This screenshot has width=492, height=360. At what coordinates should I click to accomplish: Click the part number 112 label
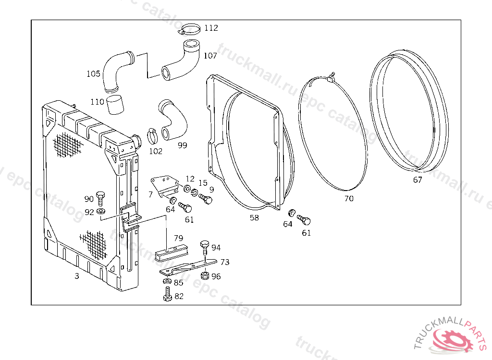[210, 28]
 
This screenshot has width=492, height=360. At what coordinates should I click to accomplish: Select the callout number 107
[210, 56]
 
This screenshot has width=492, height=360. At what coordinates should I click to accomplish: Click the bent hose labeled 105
[115, 72]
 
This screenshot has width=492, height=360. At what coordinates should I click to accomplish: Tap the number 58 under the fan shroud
[254, 217]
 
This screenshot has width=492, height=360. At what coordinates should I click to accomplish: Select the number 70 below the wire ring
[349, 198]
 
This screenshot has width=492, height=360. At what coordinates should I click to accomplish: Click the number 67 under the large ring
[418, 180]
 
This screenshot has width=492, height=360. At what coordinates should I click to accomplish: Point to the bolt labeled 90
[101, 197]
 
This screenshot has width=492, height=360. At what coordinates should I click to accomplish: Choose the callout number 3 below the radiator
[76, 276]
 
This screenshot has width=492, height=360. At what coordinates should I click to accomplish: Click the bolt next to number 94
[205, 247]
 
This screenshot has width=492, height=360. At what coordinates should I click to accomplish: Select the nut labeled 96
[204, 276]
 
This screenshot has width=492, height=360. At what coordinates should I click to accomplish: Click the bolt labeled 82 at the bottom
[167, 294]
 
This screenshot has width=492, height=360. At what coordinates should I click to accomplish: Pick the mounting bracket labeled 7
[163, 185]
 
